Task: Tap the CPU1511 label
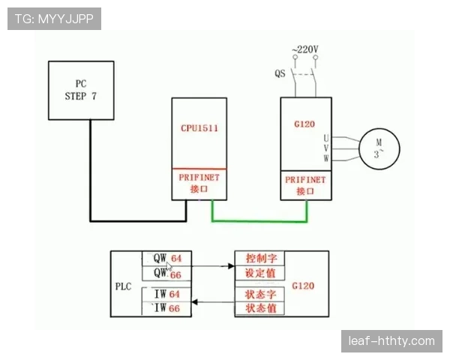click(199, 128)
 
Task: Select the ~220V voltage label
click(305, 49)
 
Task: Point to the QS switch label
click(280, 73)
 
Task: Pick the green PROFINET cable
click(259, 221)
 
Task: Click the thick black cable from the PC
click(138, 220)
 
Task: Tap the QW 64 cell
click(166, 258)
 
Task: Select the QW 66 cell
click(166, 273)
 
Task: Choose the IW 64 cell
click(166, 294)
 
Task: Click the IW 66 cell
click(166, 308)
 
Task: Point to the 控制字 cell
click(260, 258)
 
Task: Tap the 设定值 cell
click(260, 273)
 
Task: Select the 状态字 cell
click(260, 294)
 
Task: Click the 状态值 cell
click(260, 308)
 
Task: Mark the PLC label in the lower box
click(124, 286)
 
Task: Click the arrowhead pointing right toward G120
click(231, 266)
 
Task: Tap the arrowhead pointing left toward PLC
click(195, 302)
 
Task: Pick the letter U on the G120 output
click(326, 138)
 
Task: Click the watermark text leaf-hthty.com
click(391, 341)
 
